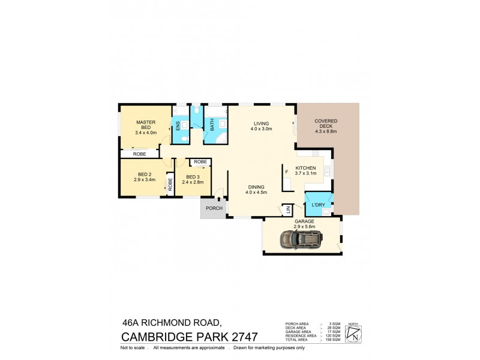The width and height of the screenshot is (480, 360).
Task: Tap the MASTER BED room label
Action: pos(146,124)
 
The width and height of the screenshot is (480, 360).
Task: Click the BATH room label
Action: pos(212,125)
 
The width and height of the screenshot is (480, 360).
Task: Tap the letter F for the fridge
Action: pos(287,172)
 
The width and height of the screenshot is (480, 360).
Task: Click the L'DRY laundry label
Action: pos(318,205)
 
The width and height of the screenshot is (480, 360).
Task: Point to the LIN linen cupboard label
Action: pos(287,209)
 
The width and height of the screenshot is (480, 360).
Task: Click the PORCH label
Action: pos(214,208)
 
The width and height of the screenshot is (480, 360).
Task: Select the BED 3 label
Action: pos(193,179)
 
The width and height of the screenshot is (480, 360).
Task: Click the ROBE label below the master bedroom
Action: pos(139,154)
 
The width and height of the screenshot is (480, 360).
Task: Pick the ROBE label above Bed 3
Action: pos(200,162)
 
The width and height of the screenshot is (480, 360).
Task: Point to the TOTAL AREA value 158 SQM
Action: pos(333,340)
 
